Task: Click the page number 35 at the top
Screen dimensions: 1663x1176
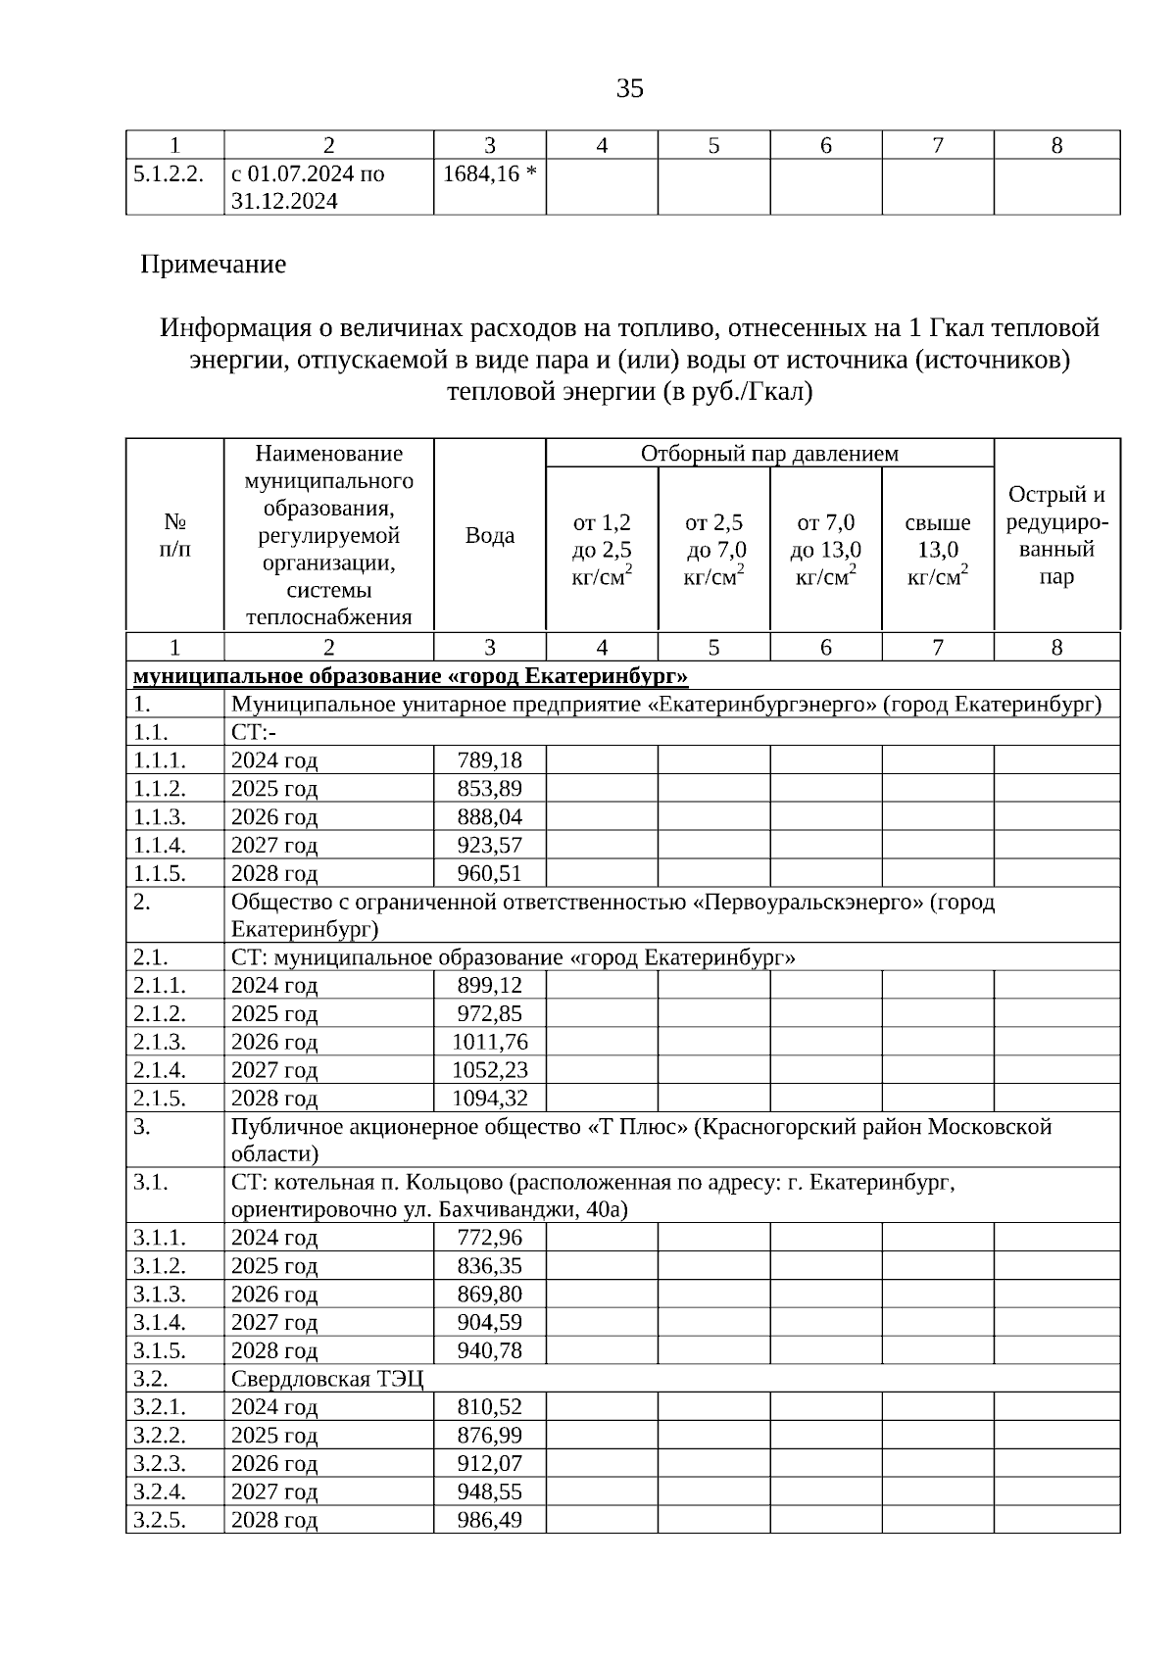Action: pos(630,89)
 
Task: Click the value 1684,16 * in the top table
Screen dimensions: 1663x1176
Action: pos(489,173)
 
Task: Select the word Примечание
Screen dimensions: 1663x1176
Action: pos(214,265)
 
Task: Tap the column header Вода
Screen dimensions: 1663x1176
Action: pos(489,535)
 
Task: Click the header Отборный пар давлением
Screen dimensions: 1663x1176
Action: pos(769,453)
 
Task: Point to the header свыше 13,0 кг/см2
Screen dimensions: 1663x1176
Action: pos(938,550)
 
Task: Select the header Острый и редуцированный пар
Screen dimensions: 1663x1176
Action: pos(1056,535)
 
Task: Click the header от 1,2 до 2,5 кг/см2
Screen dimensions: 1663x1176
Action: pos(602,550)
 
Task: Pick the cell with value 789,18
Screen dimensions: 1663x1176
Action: pos(489,760)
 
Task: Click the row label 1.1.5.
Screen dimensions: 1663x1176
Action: pos(160,873)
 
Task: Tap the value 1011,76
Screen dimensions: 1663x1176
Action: pos(489,1042)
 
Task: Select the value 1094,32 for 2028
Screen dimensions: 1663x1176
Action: pos(489,1099)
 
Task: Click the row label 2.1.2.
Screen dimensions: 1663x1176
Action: pos(160,1013)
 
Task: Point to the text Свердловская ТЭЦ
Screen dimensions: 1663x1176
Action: pos(327,1379)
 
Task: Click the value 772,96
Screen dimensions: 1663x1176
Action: pos(489,1238)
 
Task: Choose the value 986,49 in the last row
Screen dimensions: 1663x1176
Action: pos(489,1520)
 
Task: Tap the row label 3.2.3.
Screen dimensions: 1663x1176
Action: pos(160,1463)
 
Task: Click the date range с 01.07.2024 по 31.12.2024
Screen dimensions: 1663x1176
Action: pos(308,187)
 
